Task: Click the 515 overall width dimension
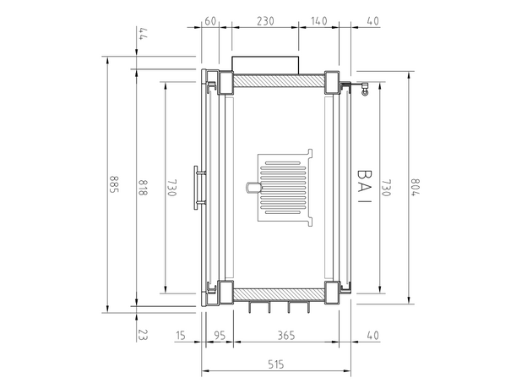pos(275,364)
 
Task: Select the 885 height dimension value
pos(113,184)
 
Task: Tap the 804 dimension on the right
pos(416,186)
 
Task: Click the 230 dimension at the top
pos(265,21)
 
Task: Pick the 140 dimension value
pos(318,21)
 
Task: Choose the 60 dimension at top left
pos(210,21)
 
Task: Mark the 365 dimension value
pos(286,336)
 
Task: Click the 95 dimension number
pos(220,336)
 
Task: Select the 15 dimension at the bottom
pos(180,336)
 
